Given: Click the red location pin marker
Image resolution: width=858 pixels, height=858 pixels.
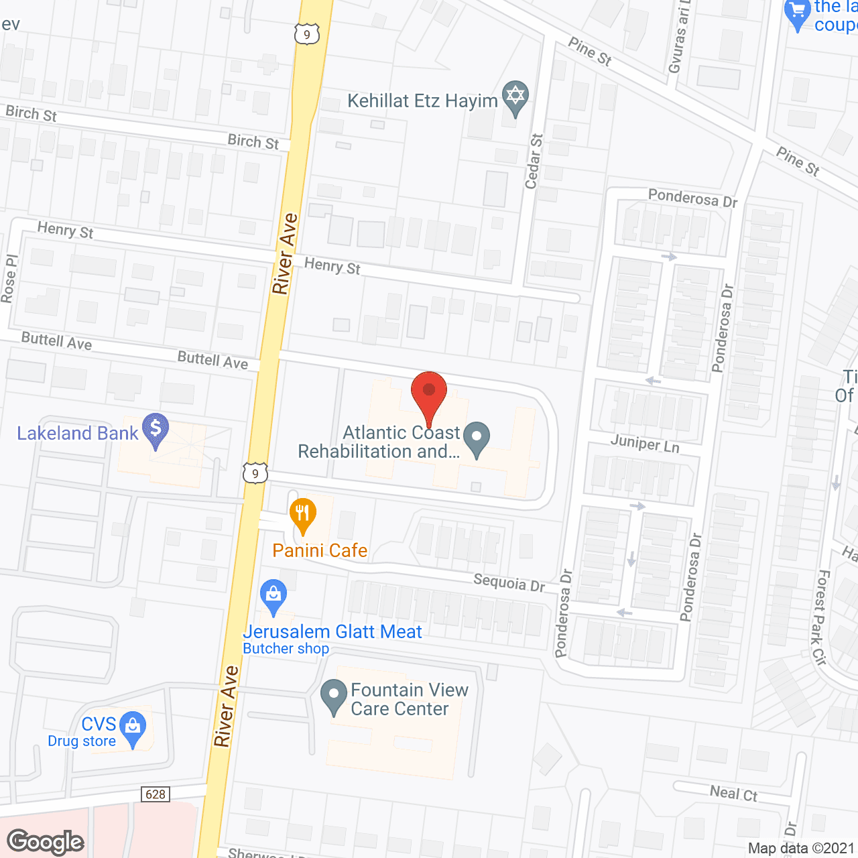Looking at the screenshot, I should pos(429,391).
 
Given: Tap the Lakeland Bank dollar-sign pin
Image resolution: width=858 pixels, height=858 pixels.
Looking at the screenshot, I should pos(156,429).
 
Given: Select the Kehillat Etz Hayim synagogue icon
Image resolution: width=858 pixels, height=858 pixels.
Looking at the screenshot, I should pos(515,97).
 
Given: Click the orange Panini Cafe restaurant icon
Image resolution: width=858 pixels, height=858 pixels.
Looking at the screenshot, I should pos(303,515).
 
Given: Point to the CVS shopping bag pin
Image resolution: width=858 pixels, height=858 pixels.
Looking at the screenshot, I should pos(133,727).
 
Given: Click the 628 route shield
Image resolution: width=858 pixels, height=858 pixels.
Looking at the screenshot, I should pos(156,794).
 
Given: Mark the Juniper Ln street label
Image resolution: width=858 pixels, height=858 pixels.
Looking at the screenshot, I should pos(645,444).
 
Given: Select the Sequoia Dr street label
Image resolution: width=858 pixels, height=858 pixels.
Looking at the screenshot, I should pos(509,583).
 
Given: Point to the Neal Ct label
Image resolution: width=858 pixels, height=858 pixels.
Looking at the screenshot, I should pos(733,794).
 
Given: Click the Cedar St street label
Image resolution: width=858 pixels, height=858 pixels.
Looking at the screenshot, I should pos(534,162).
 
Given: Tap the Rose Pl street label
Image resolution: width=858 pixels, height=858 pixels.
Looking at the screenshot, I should pos(9,279).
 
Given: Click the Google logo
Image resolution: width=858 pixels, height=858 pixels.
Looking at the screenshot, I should pos(46,842).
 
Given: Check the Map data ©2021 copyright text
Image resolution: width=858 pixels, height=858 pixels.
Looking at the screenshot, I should pos(802,849).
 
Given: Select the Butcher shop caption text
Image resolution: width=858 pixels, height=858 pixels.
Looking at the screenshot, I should pos(286,649).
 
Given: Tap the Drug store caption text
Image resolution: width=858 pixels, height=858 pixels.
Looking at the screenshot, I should pos(82,741).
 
